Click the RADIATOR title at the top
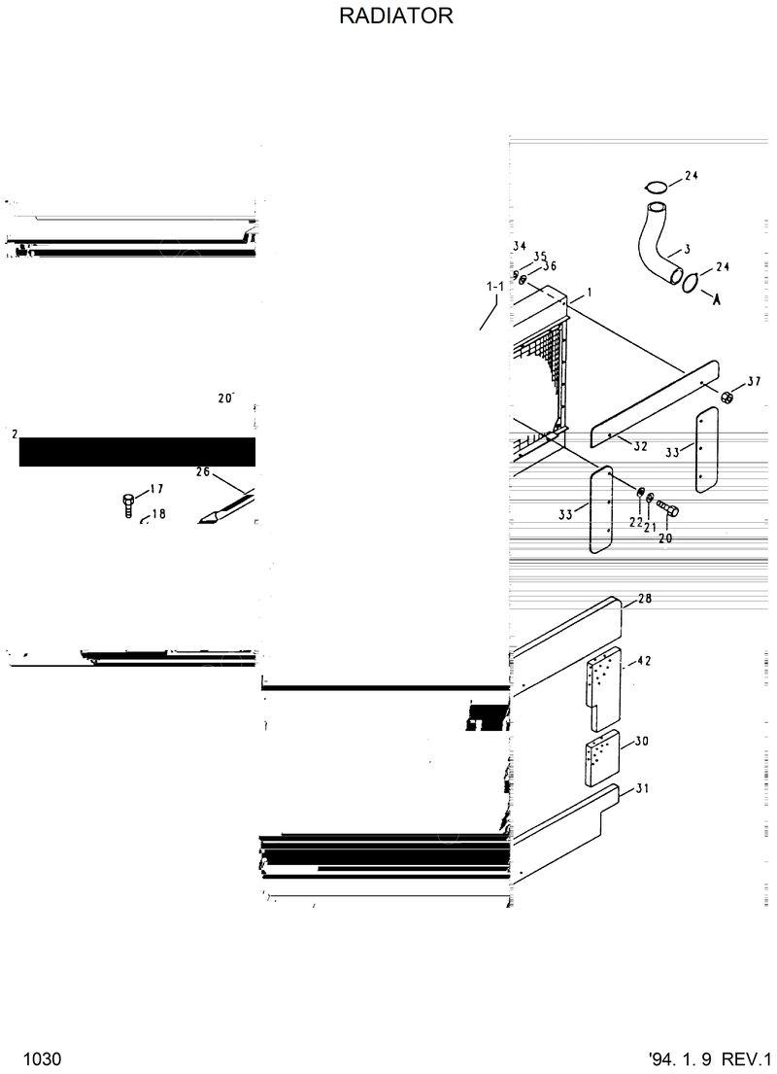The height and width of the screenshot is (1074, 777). pos(395,17)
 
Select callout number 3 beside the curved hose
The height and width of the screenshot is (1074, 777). pos(688,249)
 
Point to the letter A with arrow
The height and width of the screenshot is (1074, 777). pos(717,299)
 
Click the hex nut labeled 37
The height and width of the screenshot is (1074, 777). pos(727,397)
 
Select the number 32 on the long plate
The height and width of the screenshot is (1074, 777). pos(640,446)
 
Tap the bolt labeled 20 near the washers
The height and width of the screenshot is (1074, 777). pos(668,508)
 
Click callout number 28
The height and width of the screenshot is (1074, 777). pos(644,598)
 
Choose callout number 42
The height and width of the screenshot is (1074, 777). pos(643,661)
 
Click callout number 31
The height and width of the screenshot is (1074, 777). pos(642,788)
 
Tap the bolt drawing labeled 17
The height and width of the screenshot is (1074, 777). pos(129,504)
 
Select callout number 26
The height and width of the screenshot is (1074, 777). pos(202,472)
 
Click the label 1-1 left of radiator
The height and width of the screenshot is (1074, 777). pos(494,287)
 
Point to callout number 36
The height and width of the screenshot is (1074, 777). pos(549,265)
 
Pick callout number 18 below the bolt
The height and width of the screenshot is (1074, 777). pos(158,513)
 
